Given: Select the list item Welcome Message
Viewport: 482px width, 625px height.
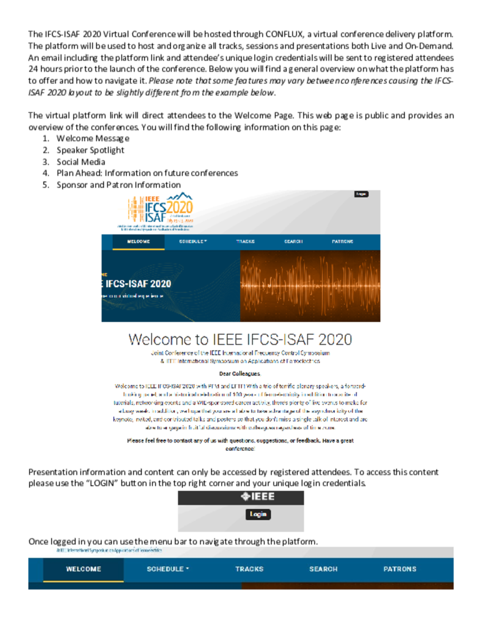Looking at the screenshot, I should [93, 138].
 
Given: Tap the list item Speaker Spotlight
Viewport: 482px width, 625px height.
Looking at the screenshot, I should [90, 150].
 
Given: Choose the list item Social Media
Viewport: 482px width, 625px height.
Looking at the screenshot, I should [81, 162].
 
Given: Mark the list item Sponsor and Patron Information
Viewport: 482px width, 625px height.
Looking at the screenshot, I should [118, 185].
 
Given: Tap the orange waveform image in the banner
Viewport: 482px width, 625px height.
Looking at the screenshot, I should [310, 286].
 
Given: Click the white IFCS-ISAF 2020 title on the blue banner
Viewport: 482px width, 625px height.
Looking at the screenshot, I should [138, 284].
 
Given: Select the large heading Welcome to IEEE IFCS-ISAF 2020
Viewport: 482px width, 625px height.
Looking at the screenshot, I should [240, 340].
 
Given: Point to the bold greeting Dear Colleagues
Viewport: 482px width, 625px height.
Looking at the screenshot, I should [240, 373].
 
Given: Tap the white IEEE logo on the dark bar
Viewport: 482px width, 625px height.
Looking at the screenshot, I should [257, 497].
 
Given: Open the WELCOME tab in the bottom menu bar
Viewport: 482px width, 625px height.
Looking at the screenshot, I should [83, 569].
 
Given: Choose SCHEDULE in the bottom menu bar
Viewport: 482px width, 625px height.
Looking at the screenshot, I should [167, 569].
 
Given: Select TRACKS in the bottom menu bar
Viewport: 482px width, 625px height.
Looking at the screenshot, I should [249, 569].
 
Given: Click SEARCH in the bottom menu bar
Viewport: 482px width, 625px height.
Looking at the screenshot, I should [323, 569].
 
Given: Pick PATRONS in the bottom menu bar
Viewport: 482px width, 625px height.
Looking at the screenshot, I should [400, 569].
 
